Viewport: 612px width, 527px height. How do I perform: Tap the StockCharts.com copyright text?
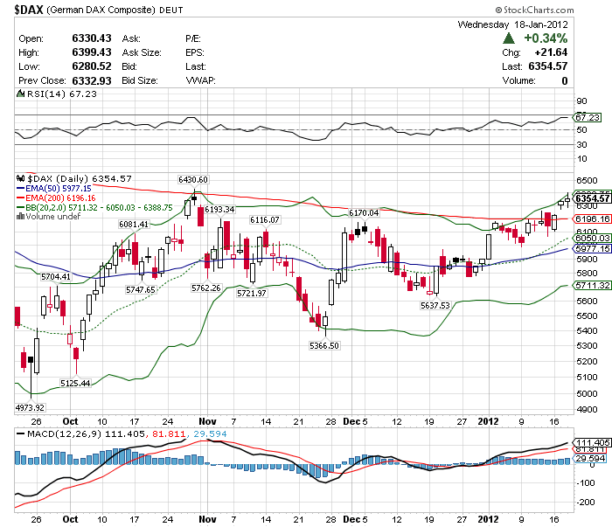tap(559, 10)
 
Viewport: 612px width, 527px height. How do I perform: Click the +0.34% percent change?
tap(546, 38)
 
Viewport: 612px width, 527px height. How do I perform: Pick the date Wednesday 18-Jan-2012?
tap(512, 24)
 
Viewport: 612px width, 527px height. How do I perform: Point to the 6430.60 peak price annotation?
tap(192, 179)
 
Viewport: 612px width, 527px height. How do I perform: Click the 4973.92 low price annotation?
tap(30, 407)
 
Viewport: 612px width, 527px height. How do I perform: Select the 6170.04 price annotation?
tap(363, 212)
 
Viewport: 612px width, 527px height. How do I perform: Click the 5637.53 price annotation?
tap(435, 305)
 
